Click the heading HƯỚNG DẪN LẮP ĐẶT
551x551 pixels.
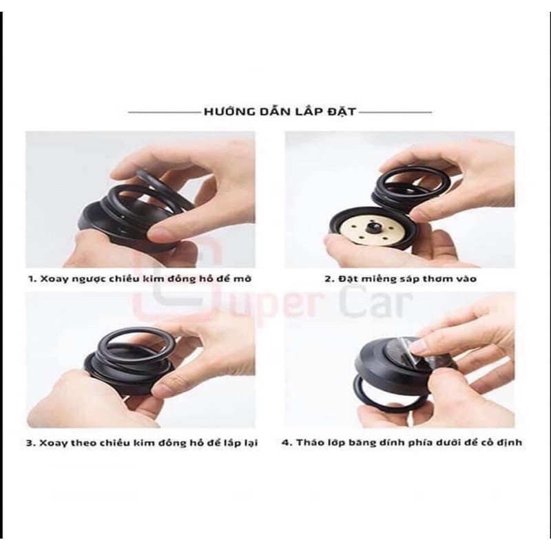click(280, 112)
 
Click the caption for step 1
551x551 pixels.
click(140, 279)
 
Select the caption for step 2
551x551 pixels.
click(401, 279)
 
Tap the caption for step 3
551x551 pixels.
click(142, 442)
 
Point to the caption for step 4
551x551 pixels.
click(402, 442)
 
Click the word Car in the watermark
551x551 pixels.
click(377, 305)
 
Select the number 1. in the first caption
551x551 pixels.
click(32, 279)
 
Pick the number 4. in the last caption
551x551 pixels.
click(287, 442)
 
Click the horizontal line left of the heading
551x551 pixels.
click(164, 112)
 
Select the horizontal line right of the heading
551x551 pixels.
click(395, 112)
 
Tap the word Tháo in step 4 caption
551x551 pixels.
click(308, 442)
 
